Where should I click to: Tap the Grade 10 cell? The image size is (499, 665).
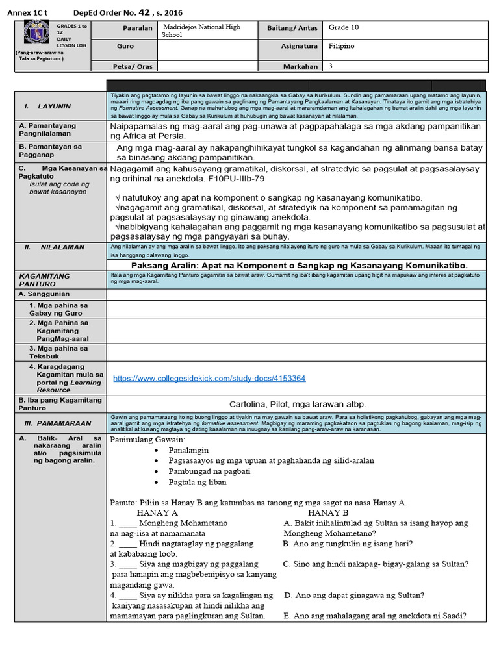pyautogui.click(x=343, y=27)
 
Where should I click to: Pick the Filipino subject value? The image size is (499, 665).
pyautogui.click(x=341, y=47)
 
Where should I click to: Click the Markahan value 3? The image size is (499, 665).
pyautogui.click(x=331, y=66)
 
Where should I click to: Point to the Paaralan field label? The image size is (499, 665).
pyautogui.click(x=137, y=28)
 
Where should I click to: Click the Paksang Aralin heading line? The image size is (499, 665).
pyautogui.click(x=299, y=265)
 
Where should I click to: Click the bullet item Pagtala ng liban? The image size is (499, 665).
pyautogui.click(x=199, y=483)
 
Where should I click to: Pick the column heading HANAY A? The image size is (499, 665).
pyautogui.click(x=157, y=512)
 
